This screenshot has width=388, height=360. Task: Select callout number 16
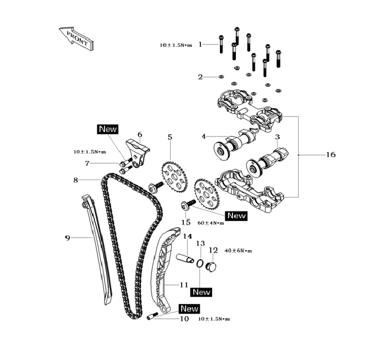pos(331,154)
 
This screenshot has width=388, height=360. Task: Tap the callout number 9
pos(68,238)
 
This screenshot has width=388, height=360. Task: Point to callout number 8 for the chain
pos(76,179)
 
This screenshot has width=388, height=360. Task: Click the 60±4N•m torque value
pos(210,223)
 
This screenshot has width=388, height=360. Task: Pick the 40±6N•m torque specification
pos(238,251)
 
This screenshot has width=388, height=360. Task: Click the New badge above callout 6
pos(108,129)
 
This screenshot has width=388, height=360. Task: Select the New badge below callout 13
pos(201,292)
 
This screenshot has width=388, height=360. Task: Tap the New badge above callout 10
pos(189,308)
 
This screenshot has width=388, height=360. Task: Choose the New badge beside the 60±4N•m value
pos(236,216)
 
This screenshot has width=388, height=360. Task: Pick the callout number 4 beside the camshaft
pos(203,137)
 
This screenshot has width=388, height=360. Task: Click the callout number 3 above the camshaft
pos(277,137)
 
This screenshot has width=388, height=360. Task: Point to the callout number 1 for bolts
pos(200,44)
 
